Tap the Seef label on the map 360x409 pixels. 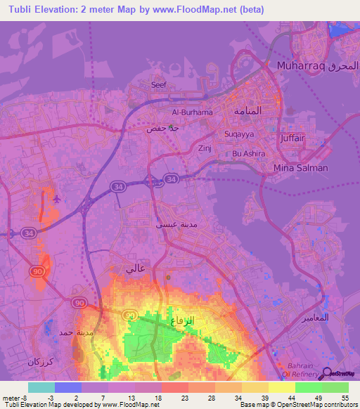tap(159, 85)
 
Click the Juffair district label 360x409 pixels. tap(292, 138)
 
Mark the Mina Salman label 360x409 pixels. tap(300, 168)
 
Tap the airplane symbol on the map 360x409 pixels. tap(56, 198)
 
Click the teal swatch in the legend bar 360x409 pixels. tap(41, 387)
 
